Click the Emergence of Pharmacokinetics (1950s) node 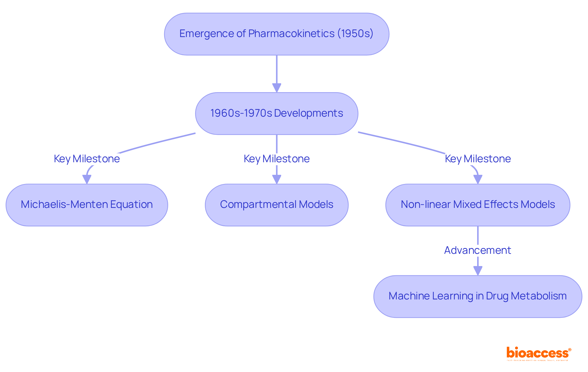click(277, 34)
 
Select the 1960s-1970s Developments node click(277, 113)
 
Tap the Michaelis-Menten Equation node click(87, 205)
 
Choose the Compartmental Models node click(277, 205)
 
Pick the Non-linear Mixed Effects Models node click(478, 205)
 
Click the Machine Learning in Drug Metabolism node click(478, 296)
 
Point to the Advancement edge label click(478, 250)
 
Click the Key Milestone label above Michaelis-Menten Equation click(87, 159)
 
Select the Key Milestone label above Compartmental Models click(277, 159)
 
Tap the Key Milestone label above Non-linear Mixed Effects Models click(478, 159)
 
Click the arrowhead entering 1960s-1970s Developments click(277, 88)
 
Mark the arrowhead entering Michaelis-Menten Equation click(87, 179)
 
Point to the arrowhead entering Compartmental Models click(277, 179)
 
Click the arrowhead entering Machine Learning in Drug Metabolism click(478, 271)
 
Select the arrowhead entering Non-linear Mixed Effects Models click(478, 179)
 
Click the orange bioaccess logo click(538, 353)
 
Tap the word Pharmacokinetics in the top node click(291, 34)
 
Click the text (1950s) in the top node click(355, 34)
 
